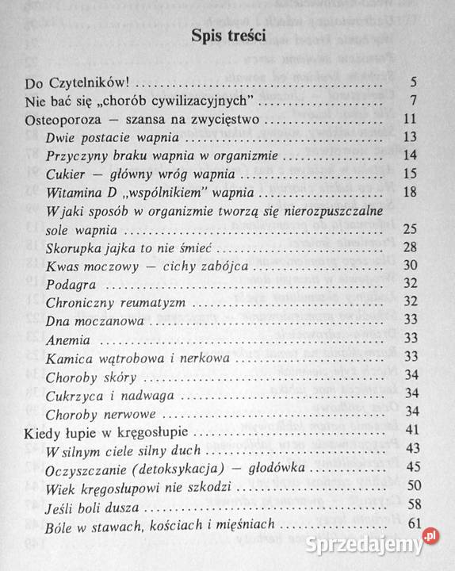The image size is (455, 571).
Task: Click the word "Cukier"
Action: (x=64, y=174)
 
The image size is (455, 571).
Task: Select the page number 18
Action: (x=410, y=191)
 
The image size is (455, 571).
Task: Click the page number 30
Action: (x=410, y=265)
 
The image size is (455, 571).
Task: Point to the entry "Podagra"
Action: (x=71, y=284)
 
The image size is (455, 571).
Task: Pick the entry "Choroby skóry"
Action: (x=91, y=375)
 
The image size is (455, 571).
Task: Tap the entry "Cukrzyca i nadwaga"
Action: (x=106, y=393)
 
